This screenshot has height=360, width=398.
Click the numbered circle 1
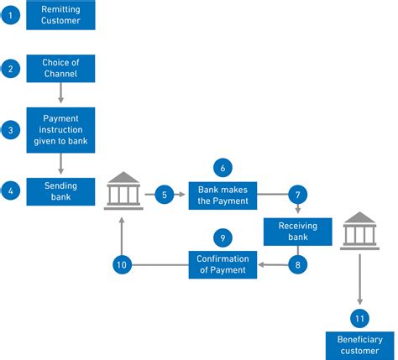pos(10,15)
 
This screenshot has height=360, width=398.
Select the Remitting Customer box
pos(60,15)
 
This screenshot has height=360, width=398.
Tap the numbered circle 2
pos(10,68)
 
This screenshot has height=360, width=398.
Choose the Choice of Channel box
pos(60,68)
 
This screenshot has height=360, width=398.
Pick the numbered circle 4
pos(10,191)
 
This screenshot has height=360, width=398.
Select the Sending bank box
pos(60,191)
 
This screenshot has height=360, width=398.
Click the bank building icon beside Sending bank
pos(123,192)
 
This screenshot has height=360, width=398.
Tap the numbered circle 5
pos(165,195)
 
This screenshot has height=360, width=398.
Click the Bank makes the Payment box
pos(223,195)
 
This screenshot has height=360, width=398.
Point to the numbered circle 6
pos(223,167)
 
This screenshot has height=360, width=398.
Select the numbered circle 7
pos(298,195)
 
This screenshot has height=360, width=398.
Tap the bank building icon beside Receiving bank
pos(359,231)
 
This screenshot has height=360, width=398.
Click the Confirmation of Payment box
pos(223,265)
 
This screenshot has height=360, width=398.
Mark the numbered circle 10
pos(123,265)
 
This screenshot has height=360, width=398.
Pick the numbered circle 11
pos(359,318)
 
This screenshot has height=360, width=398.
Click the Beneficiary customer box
pos(359,346)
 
